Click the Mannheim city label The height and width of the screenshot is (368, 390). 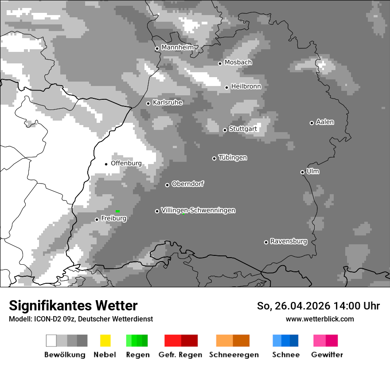[178, 47]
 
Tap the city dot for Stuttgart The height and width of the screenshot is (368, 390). [225, 130]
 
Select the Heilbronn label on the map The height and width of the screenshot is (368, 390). [246, 86]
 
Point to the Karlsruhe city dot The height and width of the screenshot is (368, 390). [148, 103]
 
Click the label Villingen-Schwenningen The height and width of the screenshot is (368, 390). [198, 210]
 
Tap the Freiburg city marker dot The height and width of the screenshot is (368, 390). [97, 219]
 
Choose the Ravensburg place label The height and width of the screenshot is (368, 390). [289, 241]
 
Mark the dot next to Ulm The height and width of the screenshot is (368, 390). [302, 172]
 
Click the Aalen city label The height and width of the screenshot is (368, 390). [325, 122]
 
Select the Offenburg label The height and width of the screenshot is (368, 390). [126, 163]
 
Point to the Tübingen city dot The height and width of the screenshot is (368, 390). [214, 158]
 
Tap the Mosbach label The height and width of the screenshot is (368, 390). [238, 63]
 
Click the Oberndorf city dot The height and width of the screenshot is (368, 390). [167, 185]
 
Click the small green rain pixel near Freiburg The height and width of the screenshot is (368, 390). [117, 211]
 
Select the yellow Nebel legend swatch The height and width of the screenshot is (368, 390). [105, 341]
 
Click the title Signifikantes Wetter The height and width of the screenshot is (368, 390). [73, 305]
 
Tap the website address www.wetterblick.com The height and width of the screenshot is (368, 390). [320, 319]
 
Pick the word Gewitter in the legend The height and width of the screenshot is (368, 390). [327, 355]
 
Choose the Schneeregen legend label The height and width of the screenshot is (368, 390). [234, 355]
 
